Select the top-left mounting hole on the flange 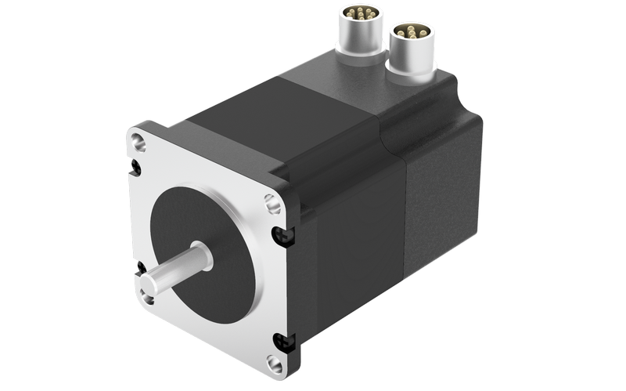pyautogui.click(x=139, y=143)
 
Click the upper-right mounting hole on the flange pyautogui.click(x=273, y=204)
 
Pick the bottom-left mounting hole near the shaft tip pyautogui.click(x=147, y=295)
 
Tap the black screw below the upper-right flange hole pyautogui.click(x=280, y=234)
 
